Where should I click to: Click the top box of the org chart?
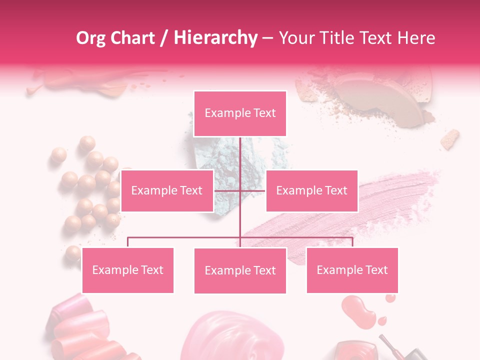[240, 113]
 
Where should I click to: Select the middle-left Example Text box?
[167, 190]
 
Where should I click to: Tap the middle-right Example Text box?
[311, 190]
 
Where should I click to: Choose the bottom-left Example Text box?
[127, 270]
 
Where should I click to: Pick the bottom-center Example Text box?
[240, 270]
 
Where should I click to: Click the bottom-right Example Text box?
[352, 270]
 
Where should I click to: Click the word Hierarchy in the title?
[215, 38]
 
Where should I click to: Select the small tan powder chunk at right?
[450, 139]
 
